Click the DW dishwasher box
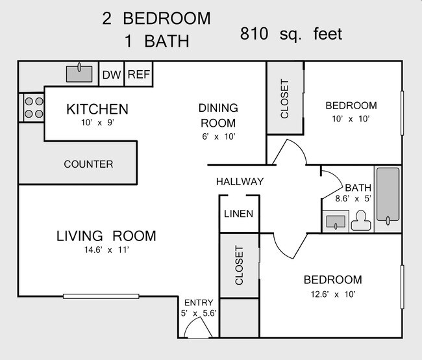[x=111, y=75]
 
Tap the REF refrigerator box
[x=138, y=75]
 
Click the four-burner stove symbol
[x=33, y=107]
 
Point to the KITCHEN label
[x=97, y=109]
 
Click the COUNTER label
[x=88, y=164]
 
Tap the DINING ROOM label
[x=218, y=116]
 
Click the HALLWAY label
[x=240, y=181]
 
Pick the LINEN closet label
[x=238, y=214]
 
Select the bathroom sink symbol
[x=336, y=222]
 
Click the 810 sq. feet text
[x=290, y=33]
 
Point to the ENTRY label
[x=199, y=303]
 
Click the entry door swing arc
[x=197, y=329]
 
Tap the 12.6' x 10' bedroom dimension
[x=332, y=294]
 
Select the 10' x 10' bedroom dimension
[x=351, y=119]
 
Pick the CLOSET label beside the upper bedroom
[x=284, y=99]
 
